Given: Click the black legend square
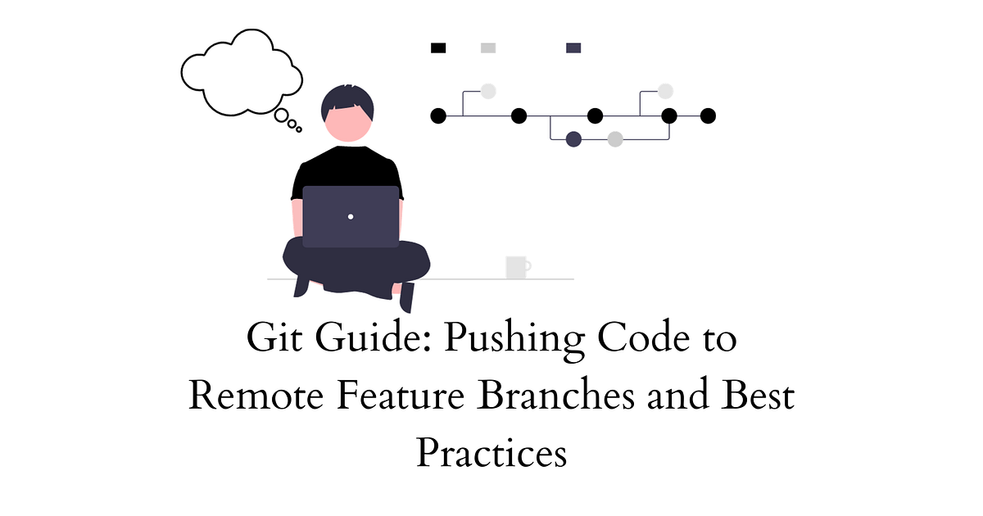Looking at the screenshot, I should pos(438,48).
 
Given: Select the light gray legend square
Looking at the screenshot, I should pos(488,48).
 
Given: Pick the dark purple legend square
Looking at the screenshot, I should pos(573,48).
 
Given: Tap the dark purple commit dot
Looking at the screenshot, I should pos(573,139).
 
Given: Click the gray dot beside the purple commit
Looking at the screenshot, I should pos(615,139).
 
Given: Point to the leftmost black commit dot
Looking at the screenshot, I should pos(438,115).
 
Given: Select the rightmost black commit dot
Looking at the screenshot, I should pos(709,115).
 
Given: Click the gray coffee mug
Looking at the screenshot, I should pos(517,267).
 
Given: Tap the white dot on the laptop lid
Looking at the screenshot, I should pos(351,217).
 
